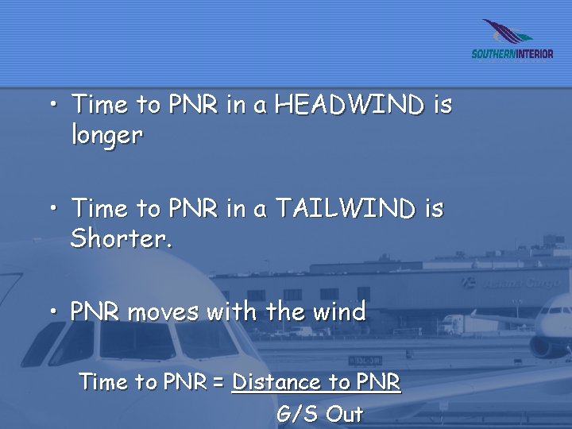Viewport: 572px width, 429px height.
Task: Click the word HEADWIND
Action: (350, 105)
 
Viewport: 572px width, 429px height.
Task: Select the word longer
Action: (106, 136)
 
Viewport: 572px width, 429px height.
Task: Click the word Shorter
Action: (121, 239)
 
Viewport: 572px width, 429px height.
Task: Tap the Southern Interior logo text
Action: (512, 54)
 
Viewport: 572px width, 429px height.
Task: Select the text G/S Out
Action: (319, 414)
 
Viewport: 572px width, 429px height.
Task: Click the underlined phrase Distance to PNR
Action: (315, 382)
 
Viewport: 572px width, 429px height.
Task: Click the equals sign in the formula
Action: (218, 383)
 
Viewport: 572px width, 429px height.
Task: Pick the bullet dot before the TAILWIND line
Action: (52, 208)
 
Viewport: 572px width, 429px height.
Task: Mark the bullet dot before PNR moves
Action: (52, 312)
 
